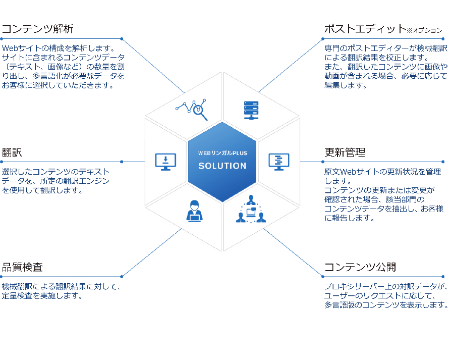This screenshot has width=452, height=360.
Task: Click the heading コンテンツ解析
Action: point(37,29)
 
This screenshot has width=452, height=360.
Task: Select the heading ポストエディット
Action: point(365,29)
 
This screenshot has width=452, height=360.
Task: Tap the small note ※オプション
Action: point(424,30)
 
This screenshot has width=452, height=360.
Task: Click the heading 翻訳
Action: point(12,152)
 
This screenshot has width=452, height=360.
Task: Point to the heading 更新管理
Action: point(345,152)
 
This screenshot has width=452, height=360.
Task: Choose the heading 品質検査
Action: point(22,267)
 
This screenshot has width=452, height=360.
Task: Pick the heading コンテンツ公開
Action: point(360,267)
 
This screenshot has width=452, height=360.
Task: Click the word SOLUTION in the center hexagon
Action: point(222,166)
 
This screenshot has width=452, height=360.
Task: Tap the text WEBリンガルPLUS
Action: point(222,153)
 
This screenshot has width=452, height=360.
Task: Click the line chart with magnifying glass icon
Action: point(192,110)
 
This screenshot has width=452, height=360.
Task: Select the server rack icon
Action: point(251,110)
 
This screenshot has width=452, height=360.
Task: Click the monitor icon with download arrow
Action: point(165,162)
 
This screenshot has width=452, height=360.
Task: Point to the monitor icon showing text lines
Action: point(279,162)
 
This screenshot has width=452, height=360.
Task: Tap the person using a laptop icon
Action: point(195,211)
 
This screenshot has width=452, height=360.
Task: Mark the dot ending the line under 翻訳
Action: point(122,162)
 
